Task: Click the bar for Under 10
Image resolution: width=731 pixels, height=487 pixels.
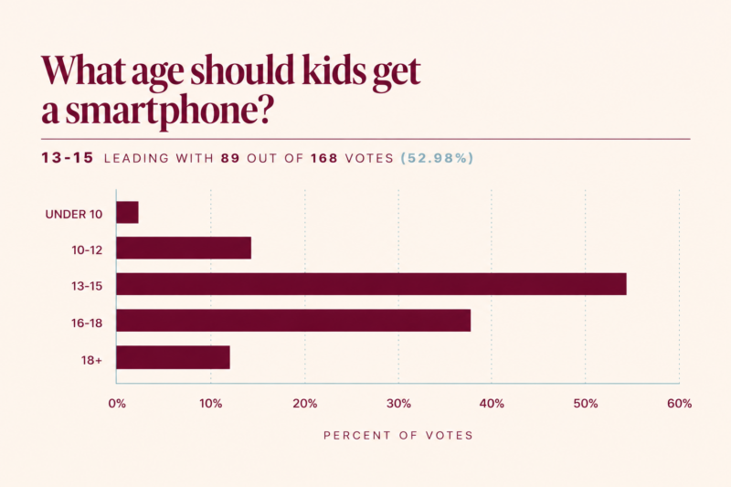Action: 127,213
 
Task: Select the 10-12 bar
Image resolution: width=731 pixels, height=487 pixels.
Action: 184,248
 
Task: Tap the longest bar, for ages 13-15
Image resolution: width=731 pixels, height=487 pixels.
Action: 372,284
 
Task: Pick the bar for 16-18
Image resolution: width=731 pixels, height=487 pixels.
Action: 293,320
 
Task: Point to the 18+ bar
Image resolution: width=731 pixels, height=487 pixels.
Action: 173,357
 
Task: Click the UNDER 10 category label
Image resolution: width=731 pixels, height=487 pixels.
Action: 74,215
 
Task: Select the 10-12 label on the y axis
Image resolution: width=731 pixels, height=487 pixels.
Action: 87,250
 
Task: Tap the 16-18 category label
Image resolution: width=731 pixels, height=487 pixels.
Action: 87,323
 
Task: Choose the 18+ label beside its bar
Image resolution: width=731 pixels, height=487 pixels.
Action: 91,360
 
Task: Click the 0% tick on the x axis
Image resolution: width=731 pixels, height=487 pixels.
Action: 117,404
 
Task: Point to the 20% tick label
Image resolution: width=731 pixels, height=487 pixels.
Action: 305,404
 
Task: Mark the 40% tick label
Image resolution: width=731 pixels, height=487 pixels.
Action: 492,404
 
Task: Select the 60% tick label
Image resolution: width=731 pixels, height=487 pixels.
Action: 679,404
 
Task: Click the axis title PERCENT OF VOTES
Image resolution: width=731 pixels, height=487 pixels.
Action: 398,435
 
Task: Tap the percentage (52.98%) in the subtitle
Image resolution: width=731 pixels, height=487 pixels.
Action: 437,158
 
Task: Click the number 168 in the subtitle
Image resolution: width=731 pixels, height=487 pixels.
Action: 324,158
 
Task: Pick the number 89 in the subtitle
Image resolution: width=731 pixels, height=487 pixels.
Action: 230,158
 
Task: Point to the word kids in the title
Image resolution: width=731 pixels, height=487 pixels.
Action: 334,70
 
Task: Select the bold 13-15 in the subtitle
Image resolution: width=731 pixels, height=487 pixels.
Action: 68,158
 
